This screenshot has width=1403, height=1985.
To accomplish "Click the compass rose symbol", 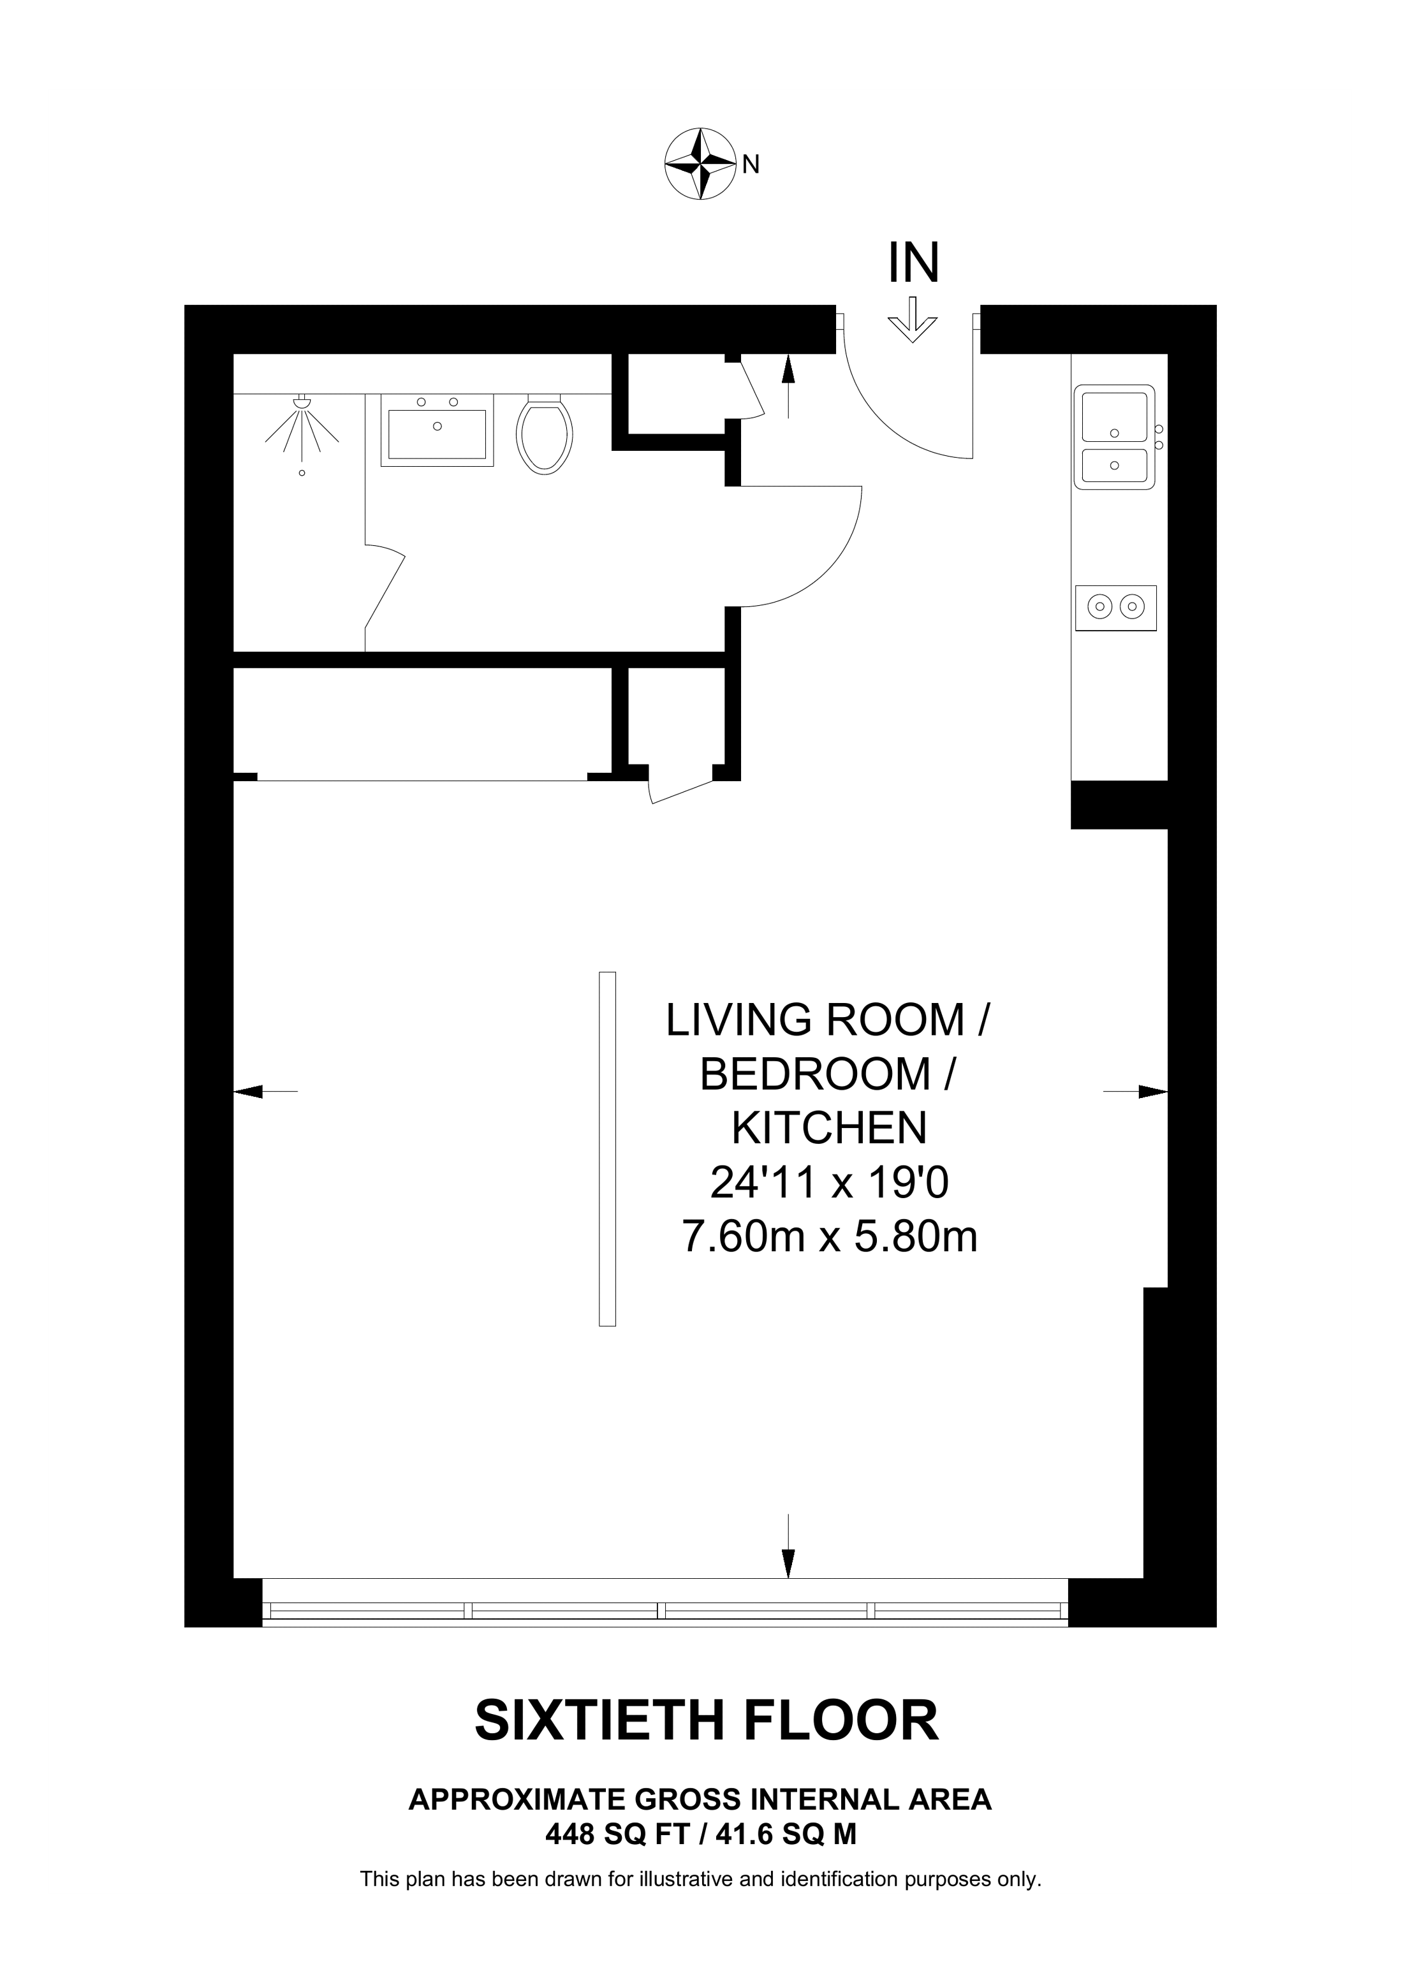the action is pos(700,165).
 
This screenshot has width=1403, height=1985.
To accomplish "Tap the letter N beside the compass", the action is pos(751,165).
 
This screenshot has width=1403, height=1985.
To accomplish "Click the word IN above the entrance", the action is pos(913,263).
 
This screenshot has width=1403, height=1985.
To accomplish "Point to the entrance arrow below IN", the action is pos(913,320).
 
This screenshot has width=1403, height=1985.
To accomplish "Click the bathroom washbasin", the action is pos(437,430).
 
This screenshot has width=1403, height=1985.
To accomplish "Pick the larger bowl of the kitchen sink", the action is pos(1114,418).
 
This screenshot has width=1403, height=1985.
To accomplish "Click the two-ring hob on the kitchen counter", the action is pos(1115,607).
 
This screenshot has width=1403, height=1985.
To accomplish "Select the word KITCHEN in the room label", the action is pos(829,1127).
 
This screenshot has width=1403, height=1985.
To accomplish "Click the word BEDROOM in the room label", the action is pos(814,1074).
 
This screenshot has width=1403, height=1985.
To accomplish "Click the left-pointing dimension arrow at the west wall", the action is pos(265,1092).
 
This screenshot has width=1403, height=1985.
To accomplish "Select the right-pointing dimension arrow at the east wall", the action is pos(1136,1092).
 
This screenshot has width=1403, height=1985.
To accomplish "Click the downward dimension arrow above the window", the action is pos(788,1546).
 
